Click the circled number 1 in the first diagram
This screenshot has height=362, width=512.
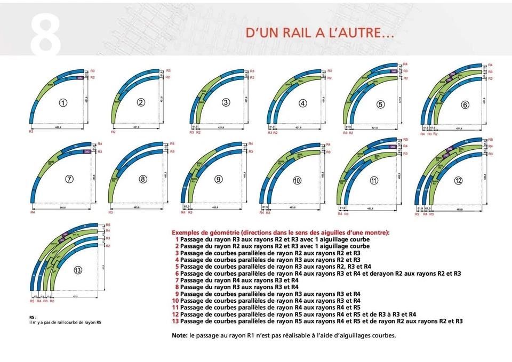pos(63,103)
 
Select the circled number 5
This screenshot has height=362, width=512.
pos(380,104)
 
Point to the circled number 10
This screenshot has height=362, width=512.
pos(297,180)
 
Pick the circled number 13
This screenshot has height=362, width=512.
pos(78,270)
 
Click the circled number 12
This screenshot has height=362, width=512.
pos(458,180)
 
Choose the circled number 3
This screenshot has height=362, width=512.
pos(226,102)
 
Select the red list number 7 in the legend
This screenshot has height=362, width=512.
pos(177,280)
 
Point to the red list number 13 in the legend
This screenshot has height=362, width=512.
pos(175,321)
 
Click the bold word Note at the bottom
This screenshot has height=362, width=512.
pos(179,336)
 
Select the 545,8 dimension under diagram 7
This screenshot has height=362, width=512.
pos(63,207)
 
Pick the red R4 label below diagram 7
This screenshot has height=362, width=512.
pos(33,213)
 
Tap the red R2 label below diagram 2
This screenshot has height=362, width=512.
pos(113,132)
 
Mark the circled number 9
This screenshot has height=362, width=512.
pos(218,179)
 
